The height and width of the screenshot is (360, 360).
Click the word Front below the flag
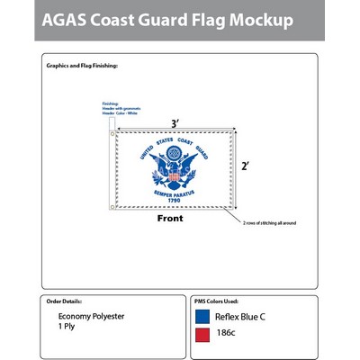[170, 219]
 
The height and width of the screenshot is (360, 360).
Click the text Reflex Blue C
[241, 317]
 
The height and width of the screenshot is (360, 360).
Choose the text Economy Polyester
[92, 317]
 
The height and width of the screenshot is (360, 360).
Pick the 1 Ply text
[67, 328]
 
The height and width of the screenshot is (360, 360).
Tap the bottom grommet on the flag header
[112, 208]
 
